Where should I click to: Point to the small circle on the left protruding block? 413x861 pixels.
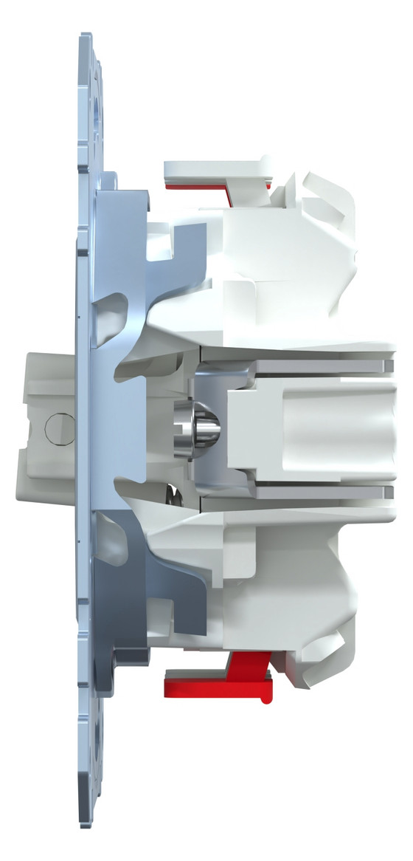coord(55,427)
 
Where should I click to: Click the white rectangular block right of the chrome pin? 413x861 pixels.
coord(310,428)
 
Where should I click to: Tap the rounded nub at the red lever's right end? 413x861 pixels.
coord(265,694)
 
